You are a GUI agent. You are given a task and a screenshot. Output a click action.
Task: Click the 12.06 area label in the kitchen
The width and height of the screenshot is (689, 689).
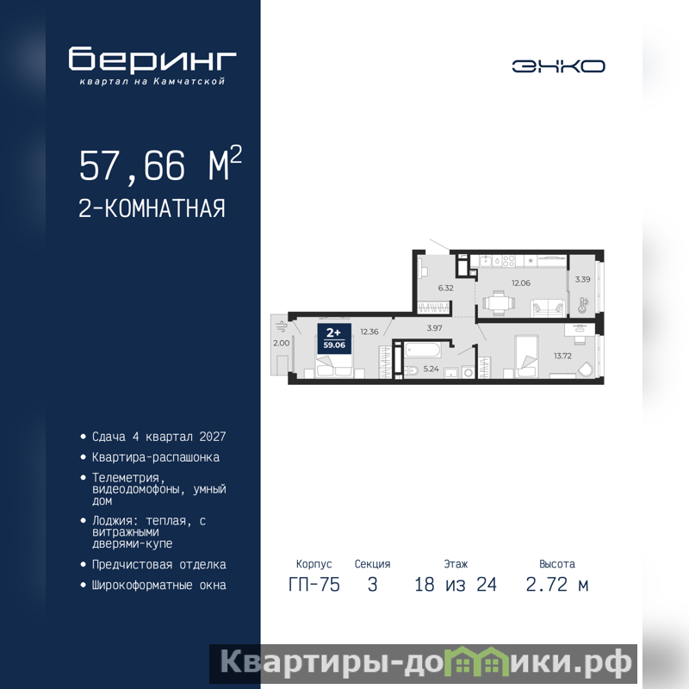[521, 283]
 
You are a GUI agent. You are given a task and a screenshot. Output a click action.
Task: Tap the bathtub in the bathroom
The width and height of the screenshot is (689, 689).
[423, 351]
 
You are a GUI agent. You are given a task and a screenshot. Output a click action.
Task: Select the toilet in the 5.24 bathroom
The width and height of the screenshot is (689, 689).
[412, 371]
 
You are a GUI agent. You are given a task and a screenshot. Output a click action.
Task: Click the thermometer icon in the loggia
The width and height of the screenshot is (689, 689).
[583, 305]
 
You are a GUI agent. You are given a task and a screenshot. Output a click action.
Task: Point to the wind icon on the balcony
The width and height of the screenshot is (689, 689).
[282, 326]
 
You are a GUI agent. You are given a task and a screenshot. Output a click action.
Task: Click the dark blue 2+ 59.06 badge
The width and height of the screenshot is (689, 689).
[334, 338]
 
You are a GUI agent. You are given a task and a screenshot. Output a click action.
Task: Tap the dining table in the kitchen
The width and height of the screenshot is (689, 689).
[499, 303]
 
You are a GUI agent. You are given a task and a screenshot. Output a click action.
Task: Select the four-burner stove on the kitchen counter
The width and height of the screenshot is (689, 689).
[508, 261]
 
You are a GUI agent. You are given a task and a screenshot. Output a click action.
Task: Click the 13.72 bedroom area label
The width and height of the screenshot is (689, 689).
[562, 356]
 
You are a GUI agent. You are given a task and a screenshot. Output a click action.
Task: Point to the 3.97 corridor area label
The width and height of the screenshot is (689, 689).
[434, 328]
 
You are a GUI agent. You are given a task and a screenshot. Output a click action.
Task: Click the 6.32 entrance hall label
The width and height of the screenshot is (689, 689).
[445, 289]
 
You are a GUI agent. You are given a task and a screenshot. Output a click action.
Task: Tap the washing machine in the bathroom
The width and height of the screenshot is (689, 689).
[469, 373]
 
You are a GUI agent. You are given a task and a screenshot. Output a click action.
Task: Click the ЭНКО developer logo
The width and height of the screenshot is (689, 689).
[558, 66]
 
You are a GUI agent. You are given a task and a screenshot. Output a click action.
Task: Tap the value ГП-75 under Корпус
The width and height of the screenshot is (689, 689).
[314, 585]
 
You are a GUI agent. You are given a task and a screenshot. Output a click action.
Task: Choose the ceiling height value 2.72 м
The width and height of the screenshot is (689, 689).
[556, 585]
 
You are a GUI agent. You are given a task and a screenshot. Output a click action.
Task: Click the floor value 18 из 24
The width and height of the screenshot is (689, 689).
[456, 585]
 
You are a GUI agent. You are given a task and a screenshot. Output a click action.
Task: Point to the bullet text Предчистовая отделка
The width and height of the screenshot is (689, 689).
[158, 565]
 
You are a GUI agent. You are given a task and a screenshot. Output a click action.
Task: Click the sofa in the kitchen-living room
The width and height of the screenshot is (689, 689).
[548, 308]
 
